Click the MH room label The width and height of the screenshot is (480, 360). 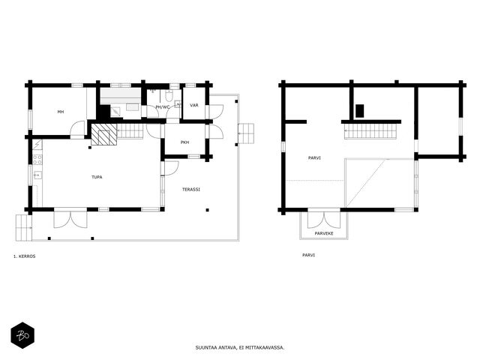point(61,112)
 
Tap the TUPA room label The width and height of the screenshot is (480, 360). point(97,177)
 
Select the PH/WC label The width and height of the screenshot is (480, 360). point(162,107)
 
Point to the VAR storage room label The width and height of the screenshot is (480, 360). point(194,105)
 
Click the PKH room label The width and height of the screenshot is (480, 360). point(184,142)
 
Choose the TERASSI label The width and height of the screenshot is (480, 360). point(191,190)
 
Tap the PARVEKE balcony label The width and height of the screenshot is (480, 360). point(324,233)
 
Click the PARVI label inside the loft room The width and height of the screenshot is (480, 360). point(314,158)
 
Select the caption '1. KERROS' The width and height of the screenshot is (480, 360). point(24,256)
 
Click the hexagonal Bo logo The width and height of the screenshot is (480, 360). point(22,335)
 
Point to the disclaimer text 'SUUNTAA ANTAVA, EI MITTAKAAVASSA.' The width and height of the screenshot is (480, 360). point(240,347)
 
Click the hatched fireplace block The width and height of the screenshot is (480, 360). point(104,134)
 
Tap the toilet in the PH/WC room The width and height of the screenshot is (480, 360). point(169,96)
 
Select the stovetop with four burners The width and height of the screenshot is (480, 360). point(37,160)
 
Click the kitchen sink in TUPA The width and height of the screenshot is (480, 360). point(37,175)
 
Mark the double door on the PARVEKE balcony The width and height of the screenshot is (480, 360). point(324,220)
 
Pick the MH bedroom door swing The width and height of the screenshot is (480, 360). point(77,128)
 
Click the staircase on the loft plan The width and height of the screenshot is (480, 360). point(370,131)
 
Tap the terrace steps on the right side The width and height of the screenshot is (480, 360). point(246,133)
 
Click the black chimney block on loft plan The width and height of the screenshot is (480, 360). point(360,111)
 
